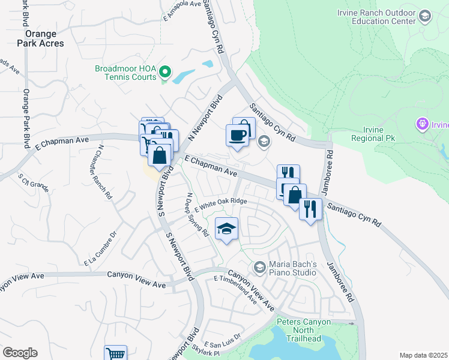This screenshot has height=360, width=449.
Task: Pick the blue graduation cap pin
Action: (x=227, y=229)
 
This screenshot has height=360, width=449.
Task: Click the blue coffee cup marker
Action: (x=237, y=134)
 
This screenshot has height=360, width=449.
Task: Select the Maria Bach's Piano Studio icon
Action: (x=259, y=266)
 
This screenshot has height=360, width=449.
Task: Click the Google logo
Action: (x=20, y=352)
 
